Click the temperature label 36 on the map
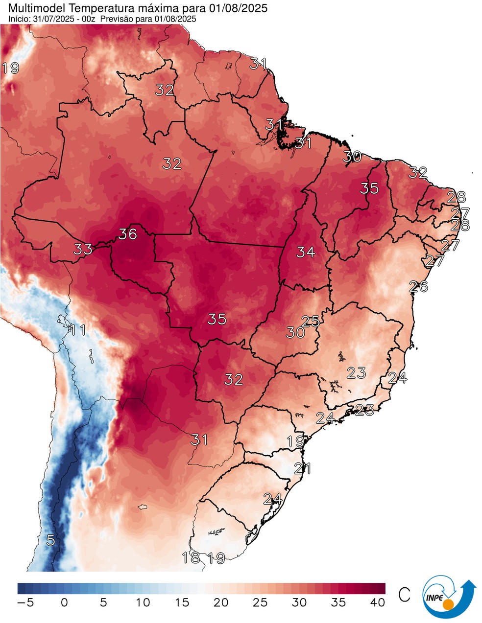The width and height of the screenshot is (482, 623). (x=127, y=234)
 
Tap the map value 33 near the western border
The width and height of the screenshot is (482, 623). (x=83, y=249)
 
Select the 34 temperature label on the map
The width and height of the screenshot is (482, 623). (x=305, y=252)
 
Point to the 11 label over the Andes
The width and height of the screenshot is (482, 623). (x=77, y=330)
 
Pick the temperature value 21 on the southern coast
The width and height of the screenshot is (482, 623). (x=302, y=468)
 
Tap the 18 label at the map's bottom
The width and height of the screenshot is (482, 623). (x=191, y=557)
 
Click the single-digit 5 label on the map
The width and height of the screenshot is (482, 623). (x=50, y=540)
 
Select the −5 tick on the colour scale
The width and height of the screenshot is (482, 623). (x=25, y=602)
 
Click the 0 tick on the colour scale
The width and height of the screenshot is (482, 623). (x=64, y=602)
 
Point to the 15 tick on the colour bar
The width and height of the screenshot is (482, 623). (x=182, y=602)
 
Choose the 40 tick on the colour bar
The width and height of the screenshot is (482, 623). (x=377, y=602)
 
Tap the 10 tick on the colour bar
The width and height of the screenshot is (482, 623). (x=143, y=602)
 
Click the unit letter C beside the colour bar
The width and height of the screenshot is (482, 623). (x=404, y=595)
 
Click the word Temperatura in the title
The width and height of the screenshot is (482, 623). (x=95, y=8)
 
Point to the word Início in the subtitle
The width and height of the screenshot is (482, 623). (x=18, y=19)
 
